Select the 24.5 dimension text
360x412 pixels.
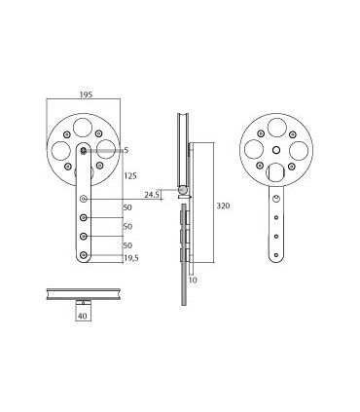[x=153, y=195]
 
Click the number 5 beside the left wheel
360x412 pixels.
[x=126, y=149]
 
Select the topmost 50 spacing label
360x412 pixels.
[x=127, y=207]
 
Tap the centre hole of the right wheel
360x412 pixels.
[x=277, y=150]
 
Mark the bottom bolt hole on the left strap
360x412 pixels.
[x=85, y=256]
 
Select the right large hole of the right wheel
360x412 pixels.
[x=301, y=150]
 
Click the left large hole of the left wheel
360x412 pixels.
[x=60, y=151]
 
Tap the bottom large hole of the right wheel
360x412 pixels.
[x=277, y=174]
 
